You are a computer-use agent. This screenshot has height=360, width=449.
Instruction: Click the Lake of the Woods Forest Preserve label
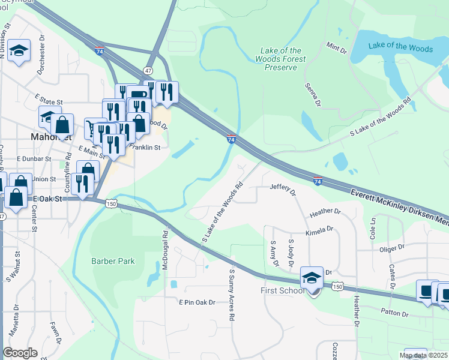click(280, 59)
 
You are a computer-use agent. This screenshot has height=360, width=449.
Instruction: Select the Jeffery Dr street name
click(283, 190)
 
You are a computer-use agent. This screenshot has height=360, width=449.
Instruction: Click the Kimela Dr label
click(319, 230)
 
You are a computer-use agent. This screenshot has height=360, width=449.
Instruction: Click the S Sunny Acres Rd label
click(231, 295)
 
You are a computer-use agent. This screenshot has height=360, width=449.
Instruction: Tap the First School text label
click(284, 291)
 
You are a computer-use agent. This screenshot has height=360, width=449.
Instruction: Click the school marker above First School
click(312, 278)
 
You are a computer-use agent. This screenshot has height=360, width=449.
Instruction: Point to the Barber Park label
click(113, 261)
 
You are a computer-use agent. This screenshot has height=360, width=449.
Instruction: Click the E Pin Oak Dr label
click(197, 302)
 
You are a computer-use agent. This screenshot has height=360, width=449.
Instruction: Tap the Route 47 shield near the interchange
click(148, 70)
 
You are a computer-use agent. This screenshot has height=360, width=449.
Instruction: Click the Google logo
click(20, 353)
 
